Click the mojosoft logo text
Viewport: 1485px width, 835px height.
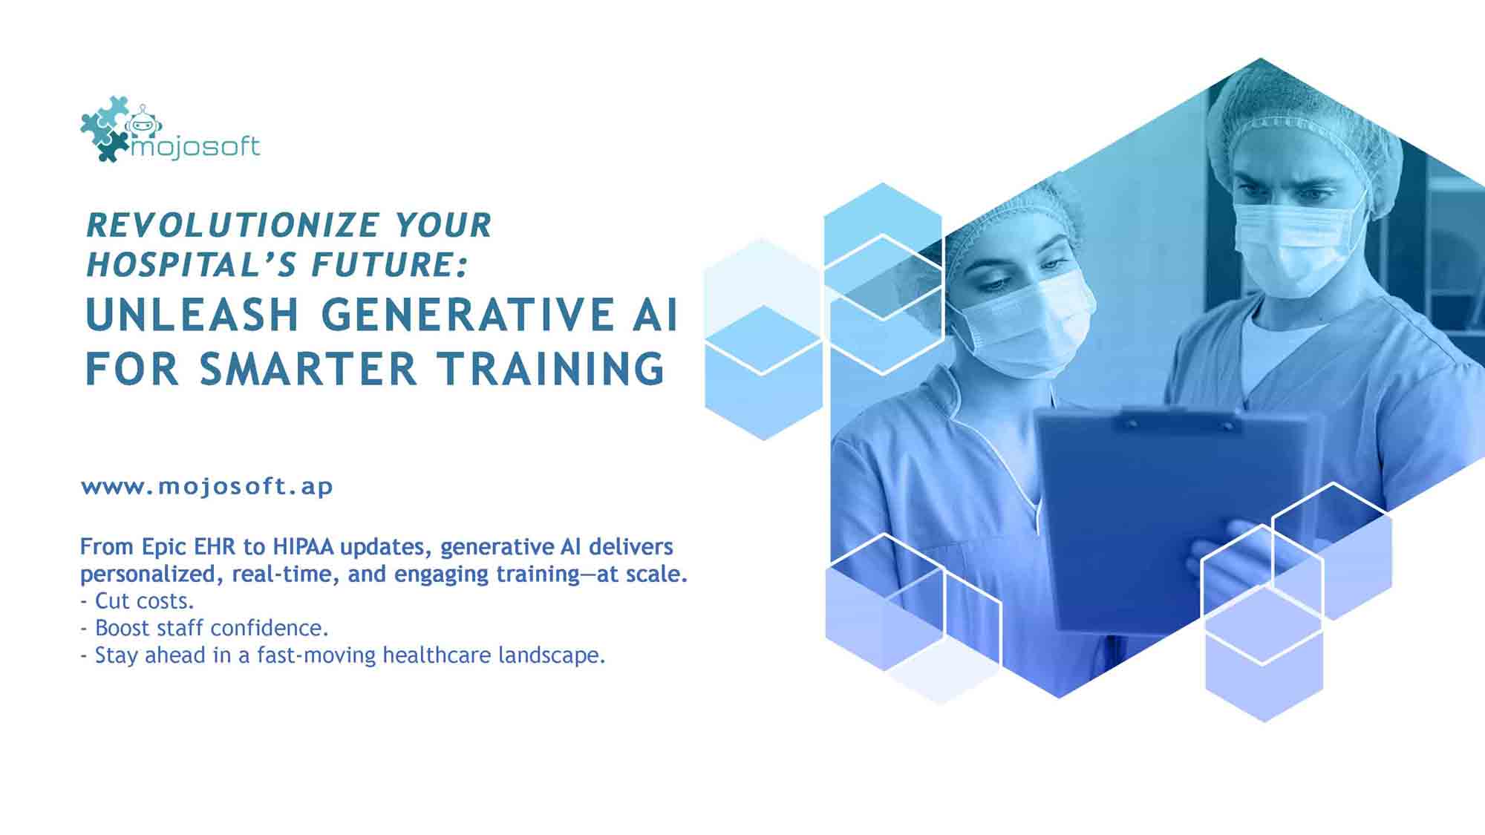pyautogui.click(x=195, y=147)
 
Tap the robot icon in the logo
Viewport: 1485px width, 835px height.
pyautogui.click(x=143, y=122)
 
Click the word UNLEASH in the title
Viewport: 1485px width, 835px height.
pyautogui.click(x=192, y=314)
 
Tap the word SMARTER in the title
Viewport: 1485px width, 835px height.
pyautogui.click(x=308, y=369)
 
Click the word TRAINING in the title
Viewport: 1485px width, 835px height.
pyautogui.click(x=550, y=369)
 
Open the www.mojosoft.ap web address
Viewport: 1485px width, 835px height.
pyautogui.click(x=207, y=487)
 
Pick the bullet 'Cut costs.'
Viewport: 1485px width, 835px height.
pyautogui.click(x=137, y=600)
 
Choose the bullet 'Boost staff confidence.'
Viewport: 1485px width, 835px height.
pyautogui.click(x=204, y=628)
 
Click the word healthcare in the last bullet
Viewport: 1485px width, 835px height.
pyautogui.click(x=437, y=655)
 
